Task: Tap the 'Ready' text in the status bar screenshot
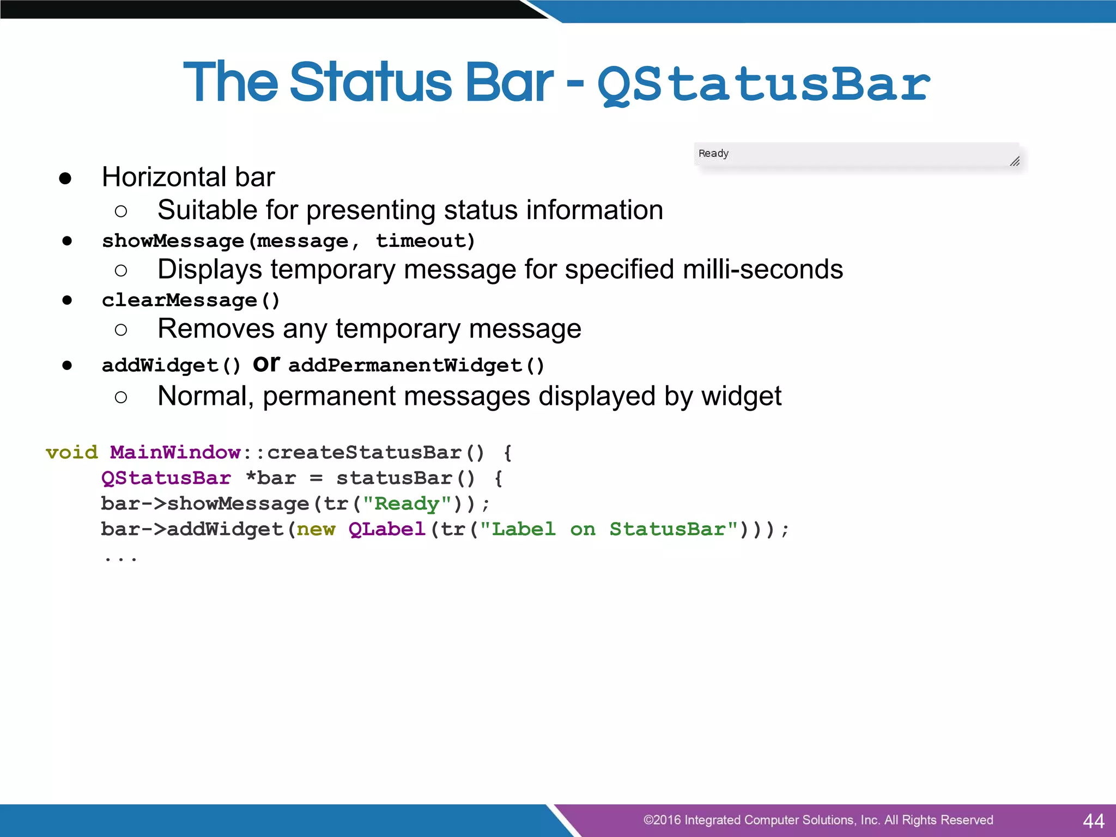coord(713,154)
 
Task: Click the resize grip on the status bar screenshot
coord(1014,161)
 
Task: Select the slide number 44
coord(1093,821)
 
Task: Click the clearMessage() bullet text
coord(191,300)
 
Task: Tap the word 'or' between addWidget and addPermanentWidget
coord(266,364)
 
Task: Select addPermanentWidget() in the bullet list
coord(416,366)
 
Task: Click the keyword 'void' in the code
coord(72,452)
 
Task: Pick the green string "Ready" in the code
coord(407,504)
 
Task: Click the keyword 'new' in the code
coord(316,529)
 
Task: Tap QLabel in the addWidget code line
coord(387,529)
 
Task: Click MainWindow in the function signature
coord(175,452)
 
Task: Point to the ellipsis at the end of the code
coord(120,559)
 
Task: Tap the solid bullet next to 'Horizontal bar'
coord(65,178)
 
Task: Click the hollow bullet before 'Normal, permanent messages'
coord(121,397)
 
